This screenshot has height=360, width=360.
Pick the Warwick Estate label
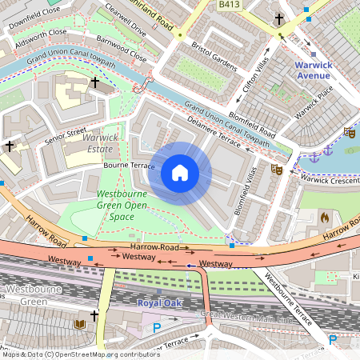101,142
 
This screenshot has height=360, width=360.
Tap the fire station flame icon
324,217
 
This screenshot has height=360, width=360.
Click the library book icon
79,324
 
